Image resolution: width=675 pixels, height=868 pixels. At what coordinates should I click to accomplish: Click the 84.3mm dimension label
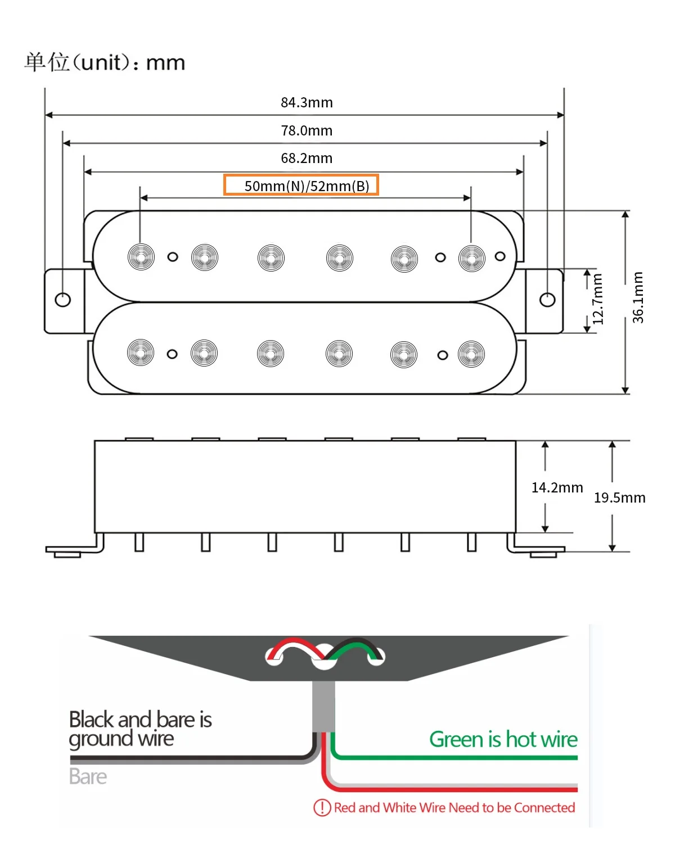pos(307,103)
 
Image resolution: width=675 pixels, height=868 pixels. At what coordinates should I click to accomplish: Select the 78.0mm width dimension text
pos(307,131)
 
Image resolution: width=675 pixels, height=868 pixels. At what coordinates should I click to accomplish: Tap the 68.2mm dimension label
pos(307,159)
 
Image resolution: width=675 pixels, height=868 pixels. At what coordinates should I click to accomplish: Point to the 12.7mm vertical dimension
pos(598,299)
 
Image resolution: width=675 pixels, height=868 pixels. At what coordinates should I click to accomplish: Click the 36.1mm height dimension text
pos(638,297)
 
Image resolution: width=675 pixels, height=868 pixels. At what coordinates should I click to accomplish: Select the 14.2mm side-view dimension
pos(557,487)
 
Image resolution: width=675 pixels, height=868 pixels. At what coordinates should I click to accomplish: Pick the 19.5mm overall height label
pos(619,498)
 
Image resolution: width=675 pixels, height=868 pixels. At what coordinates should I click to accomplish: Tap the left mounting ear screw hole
pos(63,299)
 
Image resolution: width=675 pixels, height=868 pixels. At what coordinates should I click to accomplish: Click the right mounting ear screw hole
pos(547,300)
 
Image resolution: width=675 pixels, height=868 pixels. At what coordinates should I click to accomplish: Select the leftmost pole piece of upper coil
pos(141,257)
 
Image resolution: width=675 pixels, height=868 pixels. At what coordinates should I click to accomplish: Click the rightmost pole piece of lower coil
pos(471,354)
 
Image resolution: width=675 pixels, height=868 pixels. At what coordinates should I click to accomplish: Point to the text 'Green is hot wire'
pos(503,739)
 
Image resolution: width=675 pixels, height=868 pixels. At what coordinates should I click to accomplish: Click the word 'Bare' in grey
pos(88,776)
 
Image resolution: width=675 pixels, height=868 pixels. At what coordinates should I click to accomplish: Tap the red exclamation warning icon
pos(322,808)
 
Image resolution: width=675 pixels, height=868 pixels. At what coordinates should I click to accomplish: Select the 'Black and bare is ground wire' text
pos(140,729)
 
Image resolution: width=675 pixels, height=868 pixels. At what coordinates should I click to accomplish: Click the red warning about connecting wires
pos(454,808)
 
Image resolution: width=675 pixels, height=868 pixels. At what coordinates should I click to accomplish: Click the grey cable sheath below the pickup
pos(323,706)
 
